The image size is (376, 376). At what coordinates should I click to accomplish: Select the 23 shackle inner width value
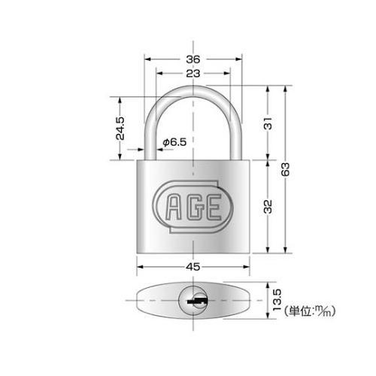click(x=193, y=74)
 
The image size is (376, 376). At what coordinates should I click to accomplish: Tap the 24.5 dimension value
click(x=120, y=128)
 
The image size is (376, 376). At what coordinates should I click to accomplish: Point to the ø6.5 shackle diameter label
click(x=174, y=141)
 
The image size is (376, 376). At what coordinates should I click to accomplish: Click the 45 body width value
click(x=193, y=264)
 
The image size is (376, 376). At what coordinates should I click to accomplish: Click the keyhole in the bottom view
click(x=193, y=302)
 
